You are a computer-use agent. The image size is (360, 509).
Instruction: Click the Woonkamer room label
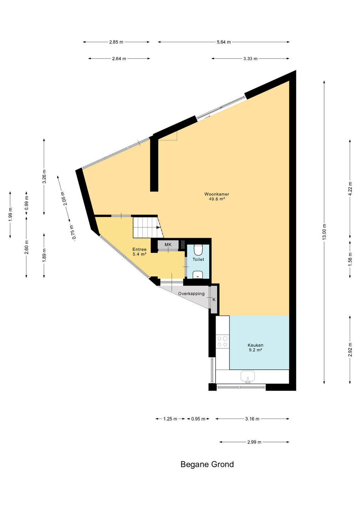pos(216,194)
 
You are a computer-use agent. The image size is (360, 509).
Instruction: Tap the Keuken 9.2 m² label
pos(255,347)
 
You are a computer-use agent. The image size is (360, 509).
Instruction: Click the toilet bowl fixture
pos(198,250)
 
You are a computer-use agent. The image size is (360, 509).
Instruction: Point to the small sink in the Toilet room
pos(198,275)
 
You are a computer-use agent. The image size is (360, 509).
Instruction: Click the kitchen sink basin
pos(248,376)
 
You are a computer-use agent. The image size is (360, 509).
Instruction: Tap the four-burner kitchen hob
pos(222,341)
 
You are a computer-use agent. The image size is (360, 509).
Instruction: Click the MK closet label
pos(168,245)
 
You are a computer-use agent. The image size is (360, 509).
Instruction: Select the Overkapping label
pos(191,294)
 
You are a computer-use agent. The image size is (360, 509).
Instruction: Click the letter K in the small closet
pos(214,299)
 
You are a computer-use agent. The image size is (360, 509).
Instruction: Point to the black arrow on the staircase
pos(158,227)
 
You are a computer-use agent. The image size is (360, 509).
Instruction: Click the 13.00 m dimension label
pos(324,232)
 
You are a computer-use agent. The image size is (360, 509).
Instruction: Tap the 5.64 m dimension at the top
pos(224,42)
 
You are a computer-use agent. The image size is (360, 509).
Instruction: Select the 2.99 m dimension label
pos(254,442)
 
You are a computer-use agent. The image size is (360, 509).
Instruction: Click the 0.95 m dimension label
pos(198,419)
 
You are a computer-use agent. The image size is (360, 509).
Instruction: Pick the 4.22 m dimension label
pos(350,189)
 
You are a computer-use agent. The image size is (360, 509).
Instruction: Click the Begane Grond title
pos(207,464)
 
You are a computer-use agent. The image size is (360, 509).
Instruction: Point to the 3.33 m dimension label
pos(250,59)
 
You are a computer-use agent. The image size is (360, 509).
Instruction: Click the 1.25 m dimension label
pos(170,419)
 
